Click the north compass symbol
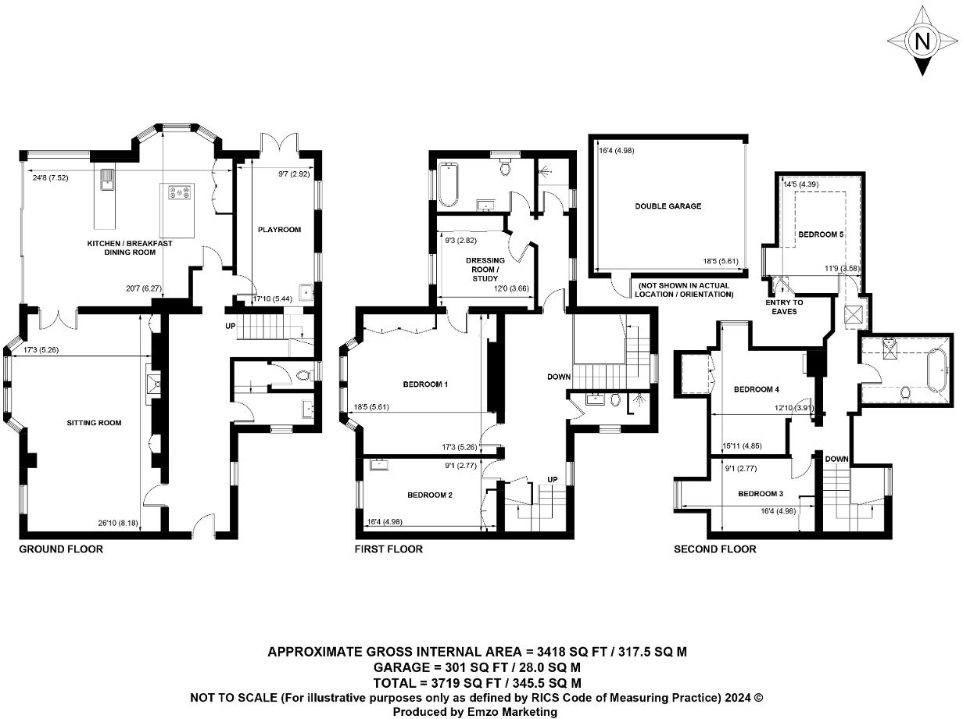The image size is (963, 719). pyautogui.click(x=922, y=41)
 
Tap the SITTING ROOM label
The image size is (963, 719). pyautogui.click(x=93, y=423)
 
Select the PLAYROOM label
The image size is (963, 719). pyautogui.click(x=279, y=230)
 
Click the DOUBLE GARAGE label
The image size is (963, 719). pyautogui.click(x=668, y=206)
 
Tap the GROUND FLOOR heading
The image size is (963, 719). pyautogui.click(x=61, y=549)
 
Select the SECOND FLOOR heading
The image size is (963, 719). pyautogui.click(x=714, y=549)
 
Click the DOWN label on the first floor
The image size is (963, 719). pyautogui.click(x=559, y=377)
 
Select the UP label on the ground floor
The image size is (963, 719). pyautogui.click(x=230, y=325)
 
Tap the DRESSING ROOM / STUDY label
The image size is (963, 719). pyautogui.click(x=485, y=269)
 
